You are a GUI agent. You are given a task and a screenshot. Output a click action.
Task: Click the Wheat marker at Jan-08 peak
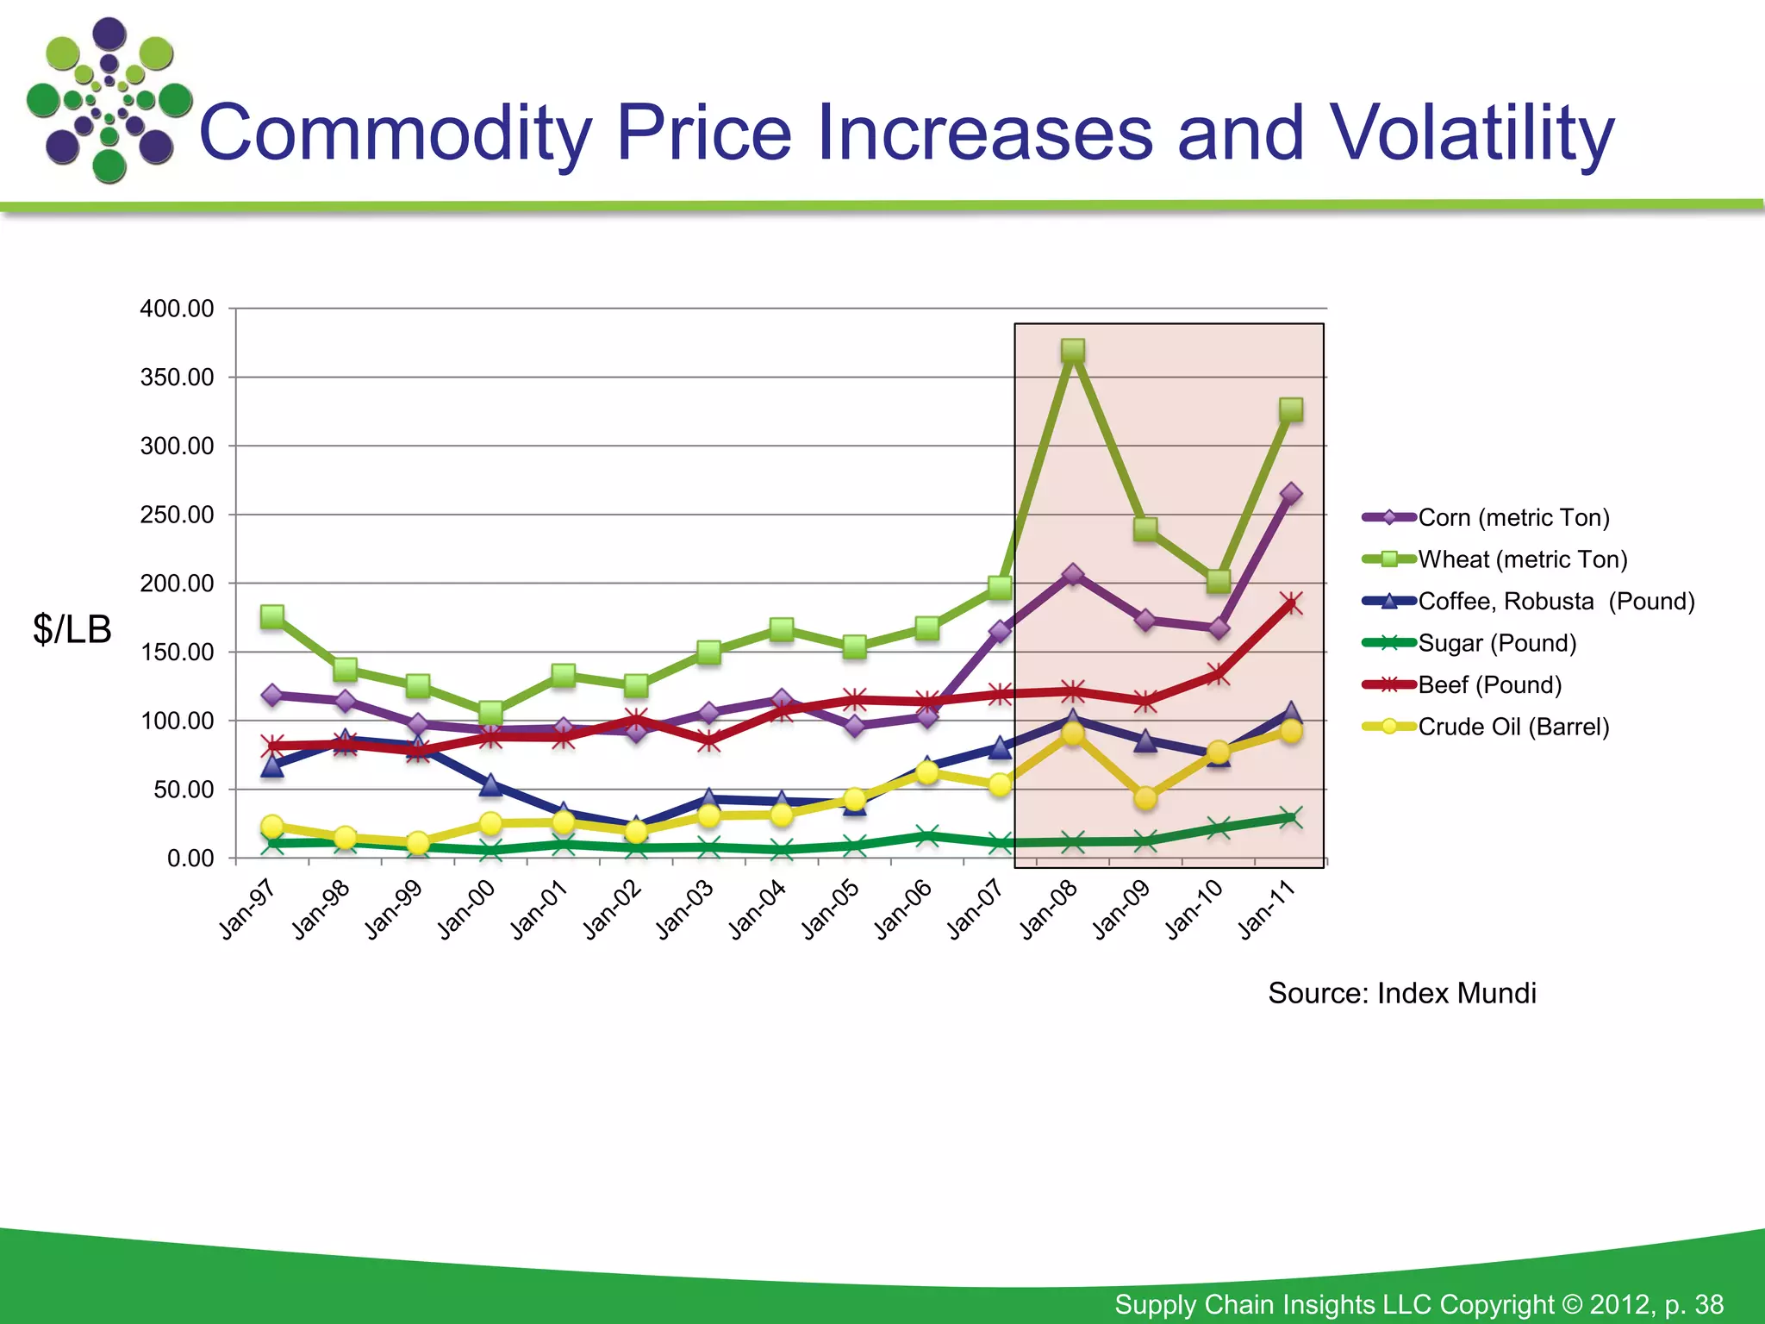tap(1073, 350)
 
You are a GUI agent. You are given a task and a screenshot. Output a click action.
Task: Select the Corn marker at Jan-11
tap(1291, 494)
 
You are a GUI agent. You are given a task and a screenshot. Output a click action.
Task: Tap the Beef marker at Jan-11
tap(1291, 603)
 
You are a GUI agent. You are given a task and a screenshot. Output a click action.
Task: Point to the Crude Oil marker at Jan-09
tap(1145, 798)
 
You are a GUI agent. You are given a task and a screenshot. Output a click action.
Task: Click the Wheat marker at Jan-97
tap(272, 616)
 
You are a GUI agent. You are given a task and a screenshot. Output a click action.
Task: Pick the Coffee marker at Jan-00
tap(490, 784)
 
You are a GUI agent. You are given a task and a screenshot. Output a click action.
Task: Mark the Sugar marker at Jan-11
tap(1291, 817)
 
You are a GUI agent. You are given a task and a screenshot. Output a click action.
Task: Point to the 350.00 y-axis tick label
tap(178, 378)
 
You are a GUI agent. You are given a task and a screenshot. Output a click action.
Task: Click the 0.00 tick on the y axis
tap(190, 859)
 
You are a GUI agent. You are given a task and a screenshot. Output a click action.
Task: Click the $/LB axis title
tap(72, 629)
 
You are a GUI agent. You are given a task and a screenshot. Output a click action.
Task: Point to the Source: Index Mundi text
tap(1401, 993)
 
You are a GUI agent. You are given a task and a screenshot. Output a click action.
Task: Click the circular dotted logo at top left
tap(109, 100)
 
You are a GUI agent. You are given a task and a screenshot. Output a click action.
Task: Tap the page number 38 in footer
tap(1708, 1304)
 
